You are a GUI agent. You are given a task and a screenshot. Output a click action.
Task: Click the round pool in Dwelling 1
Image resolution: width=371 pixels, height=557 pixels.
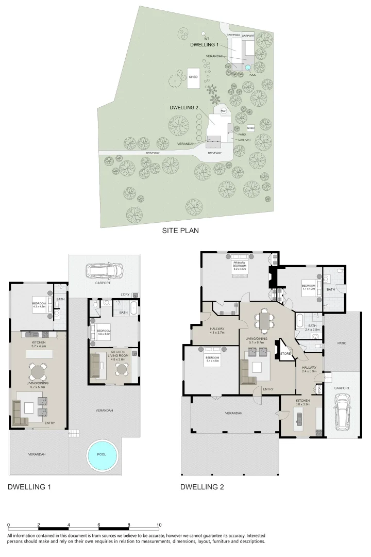[x=101, y=454]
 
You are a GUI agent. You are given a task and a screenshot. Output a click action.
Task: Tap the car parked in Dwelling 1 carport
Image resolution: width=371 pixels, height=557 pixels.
[x=105, y=270]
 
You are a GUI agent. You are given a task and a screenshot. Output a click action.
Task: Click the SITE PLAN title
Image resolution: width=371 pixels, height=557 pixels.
[x=181, y=231]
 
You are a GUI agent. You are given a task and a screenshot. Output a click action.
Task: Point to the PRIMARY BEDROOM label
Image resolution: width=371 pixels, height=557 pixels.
[x=239, y=265]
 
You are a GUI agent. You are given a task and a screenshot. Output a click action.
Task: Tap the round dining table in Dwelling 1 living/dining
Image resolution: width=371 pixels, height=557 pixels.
[x=37, y=371]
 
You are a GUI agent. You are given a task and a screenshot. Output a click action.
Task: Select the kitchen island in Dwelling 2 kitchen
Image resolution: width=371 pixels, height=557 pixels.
[x=299, y=416]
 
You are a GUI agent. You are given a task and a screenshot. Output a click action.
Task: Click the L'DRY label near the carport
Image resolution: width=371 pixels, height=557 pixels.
[x=125, y=294]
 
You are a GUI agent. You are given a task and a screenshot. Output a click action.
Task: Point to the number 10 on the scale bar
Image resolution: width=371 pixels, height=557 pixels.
[x=159, y=525]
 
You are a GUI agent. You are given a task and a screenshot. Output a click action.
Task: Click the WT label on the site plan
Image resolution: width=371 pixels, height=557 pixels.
[x=206, y=39]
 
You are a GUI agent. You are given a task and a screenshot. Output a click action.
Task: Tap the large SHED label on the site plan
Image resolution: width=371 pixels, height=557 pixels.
[x=193, y=76]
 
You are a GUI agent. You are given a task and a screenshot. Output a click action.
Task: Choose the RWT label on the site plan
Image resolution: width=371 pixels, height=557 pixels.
[x=224, y=110]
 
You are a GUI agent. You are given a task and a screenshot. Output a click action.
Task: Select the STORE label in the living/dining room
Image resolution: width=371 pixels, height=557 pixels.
[x=285, y=353]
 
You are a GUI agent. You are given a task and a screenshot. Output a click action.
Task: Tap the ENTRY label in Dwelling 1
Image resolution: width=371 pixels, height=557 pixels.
[x=49, y=423]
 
